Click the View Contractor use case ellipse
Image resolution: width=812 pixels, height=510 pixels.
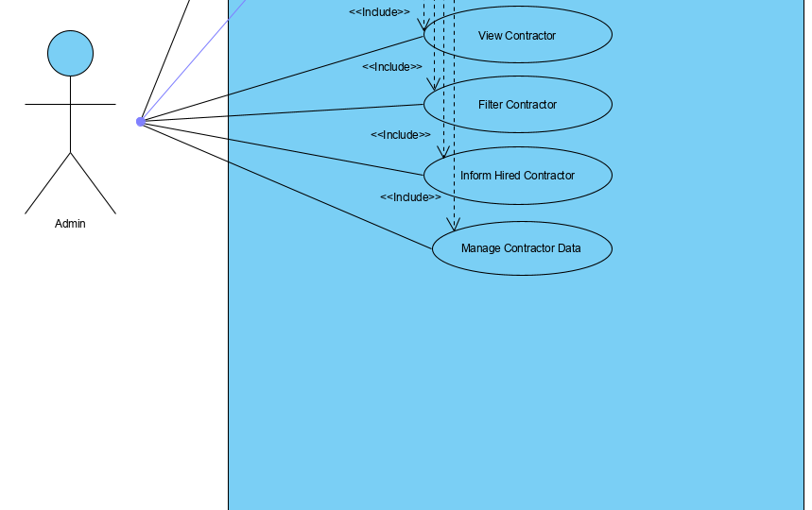pos(517,36)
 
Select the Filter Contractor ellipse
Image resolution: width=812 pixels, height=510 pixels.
pos(517,105)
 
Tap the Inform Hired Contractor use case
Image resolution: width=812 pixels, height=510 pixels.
pos(517,176)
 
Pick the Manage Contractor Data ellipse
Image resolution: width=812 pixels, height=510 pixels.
pos(521,248)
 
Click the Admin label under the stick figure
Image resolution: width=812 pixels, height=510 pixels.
pos(70,224)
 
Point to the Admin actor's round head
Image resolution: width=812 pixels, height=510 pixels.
pos(70,53)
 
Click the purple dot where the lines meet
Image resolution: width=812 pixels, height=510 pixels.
pos(140,121)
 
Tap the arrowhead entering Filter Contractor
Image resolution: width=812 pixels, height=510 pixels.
pos(434,85)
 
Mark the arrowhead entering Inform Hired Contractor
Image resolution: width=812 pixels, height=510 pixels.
pos(442,152)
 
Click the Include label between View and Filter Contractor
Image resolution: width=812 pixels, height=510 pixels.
pos(391,67)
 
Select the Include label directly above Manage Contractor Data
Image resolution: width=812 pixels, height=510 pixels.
pos(410,197)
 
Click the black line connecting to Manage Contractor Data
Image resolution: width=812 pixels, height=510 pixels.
pos(284,185)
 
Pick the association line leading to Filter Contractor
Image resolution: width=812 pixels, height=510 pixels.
pos(284,112)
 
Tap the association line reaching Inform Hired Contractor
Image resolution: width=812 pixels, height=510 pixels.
pos(284,148)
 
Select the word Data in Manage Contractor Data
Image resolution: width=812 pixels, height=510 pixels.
pos(568,248)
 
